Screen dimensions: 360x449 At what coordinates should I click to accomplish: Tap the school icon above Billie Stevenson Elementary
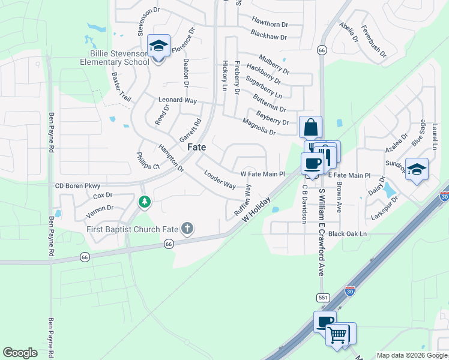click(158, 46)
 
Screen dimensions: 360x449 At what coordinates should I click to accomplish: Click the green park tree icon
click(144, 202)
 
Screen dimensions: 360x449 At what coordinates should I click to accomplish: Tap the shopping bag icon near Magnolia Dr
click(311, 127)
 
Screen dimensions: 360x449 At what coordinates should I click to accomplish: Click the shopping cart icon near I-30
click(337, 335)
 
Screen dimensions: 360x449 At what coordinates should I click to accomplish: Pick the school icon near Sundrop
click(416, 169)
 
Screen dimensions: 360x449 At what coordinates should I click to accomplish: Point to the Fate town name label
click(197, 147)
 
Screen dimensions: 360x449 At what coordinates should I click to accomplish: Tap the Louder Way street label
click(220, 180)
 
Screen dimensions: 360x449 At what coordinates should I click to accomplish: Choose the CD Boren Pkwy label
click(77, 186)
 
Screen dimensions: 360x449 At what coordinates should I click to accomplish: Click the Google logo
click(20, 353)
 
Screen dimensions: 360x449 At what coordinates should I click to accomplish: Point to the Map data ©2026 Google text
click(411, 355)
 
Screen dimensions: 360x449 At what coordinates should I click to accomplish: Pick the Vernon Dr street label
click(100, 208)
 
